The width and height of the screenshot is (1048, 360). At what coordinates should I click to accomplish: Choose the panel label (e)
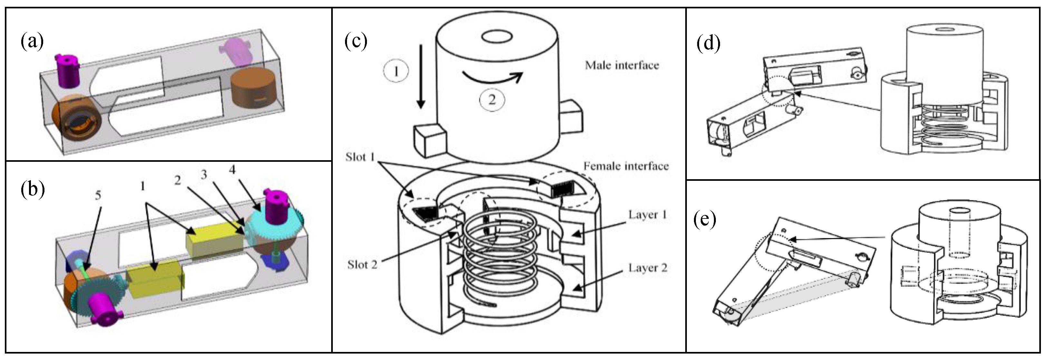coord(704,220)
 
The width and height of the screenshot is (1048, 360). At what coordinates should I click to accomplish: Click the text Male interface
coord(622,65)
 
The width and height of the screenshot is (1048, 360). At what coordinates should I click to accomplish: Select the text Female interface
coord(626,166)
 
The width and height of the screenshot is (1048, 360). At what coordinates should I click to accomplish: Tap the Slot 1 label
coord(360,157)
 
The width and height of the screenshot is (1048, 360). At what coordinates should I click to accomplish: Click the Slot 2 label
coord(362,264)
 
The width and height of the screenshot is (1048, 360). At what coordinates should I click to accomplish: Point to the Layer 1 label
coord(647,214)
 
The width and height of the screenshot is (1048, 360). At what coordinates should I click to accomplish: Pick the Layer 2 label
coord(647,267)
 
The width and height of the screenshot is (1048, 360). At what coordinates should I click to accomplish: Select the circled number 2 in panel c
coord(491,99)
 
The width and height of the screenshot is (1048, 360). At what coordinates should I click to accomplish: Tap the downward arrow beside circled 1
coord(421,77)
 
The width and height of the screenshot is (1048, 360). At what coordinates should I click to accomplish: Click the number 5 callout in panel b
coord(98,195)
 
